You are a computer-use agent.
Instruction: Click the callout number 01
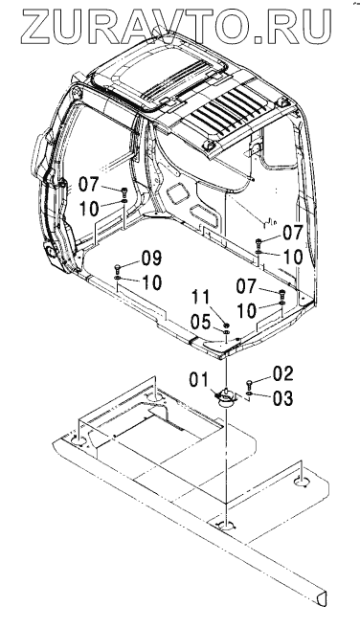(x=198, y=380)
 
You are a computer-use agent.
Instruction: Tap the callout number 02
(x=283, y=373)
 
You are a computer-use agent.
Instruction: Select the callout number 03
(x=283, y=398)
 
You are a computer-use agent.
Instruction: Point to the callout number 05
(x=200, y=322)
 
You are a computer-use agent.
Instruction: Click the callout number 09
(x=151, y=258)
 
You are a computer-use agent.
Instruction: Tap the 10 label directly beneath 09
(x=151, y=282)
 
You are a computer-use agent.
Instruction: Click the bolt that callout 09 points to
(x=117, y=267)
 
